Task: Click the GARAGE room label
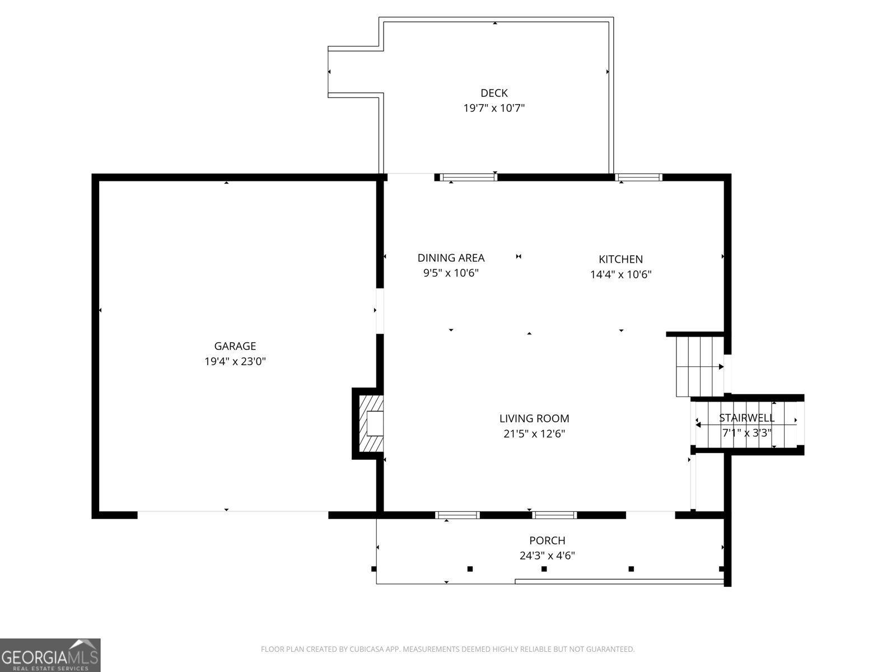235,346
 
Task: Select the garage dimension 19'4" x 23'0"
235,362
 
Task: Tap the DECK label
494,93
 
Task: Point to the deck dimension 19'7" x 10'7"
494,108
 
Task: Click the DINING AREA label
451,258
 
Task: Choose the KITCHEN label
620,259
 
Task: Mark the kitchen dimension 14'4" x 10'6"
620,274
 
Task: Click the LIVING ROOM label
534,418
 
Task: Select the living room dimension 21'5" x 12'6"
534,433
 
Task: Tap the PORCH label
547,540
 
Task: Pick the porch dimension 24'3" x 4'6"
547,556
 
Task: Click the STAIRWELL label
746,418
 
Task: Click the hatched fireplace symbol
371,423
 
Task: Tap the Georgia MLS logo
50,655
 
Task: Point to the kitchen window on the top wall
638,178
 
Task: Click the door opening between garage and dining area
380,311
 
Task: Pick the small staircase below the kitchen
698,366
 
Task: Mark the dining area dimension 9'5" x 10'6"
451,273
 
